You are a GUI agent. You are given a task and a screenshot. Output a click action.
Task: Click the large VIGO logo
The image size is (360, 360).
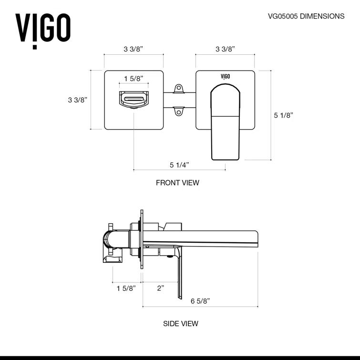point(43,29)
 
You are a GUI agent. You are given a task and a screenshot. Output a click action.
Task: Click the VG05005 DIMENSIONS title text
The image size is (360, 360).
point(306,16)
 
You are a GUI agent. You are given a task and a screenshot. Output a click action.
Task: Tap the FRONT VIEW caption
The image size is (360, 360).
point(177,183)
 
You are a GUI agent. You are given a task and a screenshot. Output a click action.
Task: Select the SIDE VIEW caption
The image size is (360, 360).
point(180,324)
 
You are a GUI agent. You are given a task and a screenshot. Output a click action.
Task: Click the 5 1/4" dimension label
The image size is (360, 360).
point(179,165)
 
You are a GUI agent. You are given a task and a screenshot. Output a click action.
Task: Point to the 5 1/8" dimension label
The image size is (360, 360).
point(283,115)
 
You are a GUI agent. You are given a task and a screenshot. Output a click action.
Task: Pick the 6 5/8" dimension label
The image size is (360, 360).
point(200,301)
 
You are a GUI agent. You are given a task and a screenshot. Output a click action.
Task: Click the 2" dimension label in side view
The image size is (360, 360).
point(160,288)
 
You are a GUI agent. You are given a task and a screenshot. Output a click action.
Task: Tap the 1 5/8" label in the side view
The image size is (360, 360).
point(126,288)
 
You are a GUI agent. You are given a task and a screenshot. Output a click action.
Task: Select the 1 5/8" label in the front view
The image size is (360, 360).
point(134,79)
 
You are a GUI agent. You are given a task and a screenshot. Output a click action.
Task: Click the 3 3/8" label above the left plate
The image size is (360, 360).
point(134,49)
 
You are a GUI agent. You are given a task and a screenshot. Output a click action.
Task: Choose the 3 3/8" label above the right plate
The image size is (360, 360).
point(225,49)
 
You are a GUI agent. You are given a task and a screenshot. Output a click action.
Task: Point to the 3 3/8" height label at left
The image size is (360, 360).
point(78,100)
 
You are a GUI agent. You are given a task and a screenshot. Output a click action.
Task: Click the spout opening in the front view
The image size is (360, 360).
point(134,100)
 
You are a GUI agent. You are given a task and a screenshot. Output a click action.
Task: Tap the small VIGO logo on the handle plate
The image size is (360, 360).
point(225,76)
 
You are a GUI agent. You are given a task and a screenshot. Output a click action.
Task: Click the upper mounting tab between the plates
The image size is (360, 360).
point(178,88)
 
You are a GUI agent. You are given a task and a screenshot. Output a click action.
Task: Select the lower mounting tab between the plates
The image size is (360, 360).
point(178,111)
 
